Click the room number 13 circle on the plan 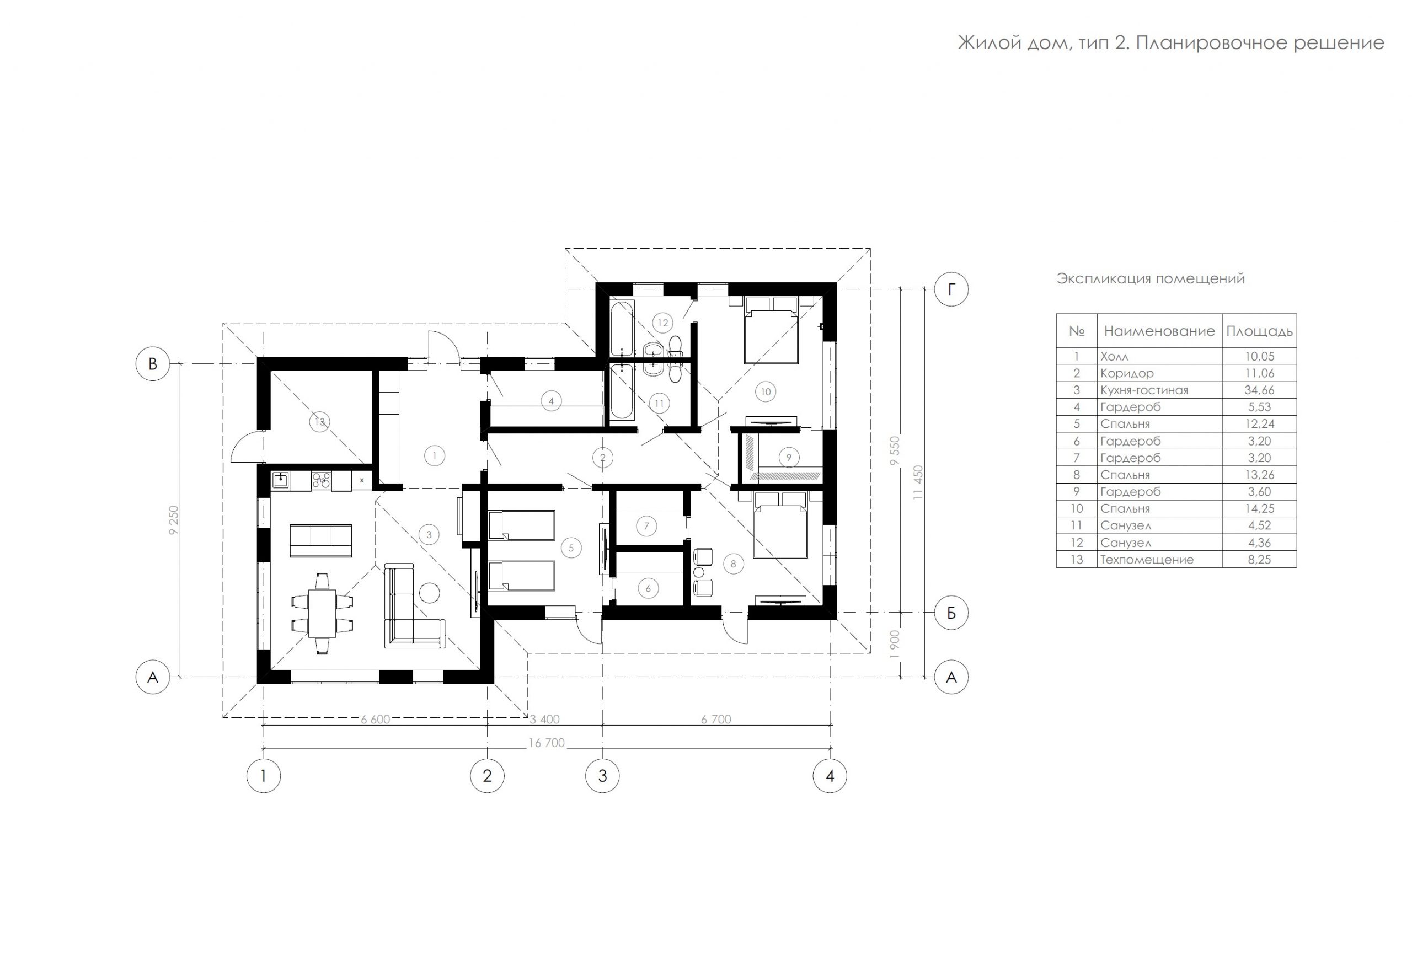(x=320, y=422)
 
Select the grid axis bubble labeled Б (x=951, y=613)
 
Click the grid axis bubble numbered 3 (x=602, y=776)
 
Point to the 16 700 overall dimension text (x=547, y=743)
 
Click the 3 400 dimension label (x=544, y=720)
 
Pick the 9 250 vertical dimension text (x=174, y=520)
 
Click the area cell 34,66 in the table (x=1260, y=390)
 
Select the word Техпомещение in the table (x=1147, y=560)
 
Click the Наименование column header (x=1159, y=331)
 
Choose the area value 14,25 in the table (x=1260, y=508)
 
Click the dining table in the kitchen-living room (x=322, y=613)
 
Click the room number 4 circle (x=551, y=401)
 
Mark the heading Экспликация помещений (x=1151, y=279)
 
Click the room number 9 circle (x=789, y=458)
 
